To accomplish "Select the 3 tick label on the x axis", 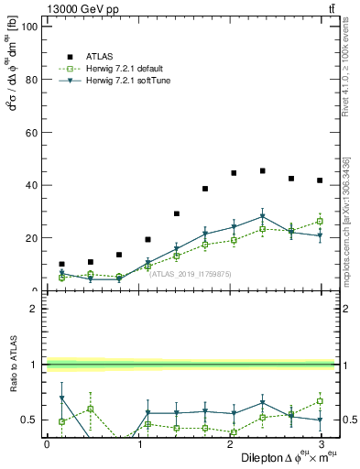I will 320,443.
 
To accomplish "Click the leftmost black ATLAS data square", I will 61,264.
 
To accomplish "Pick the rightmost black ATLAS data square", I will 320,180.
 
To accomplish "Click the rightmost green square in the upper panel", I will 320,221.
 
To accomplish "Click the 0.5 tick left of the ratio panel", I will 31,420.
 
